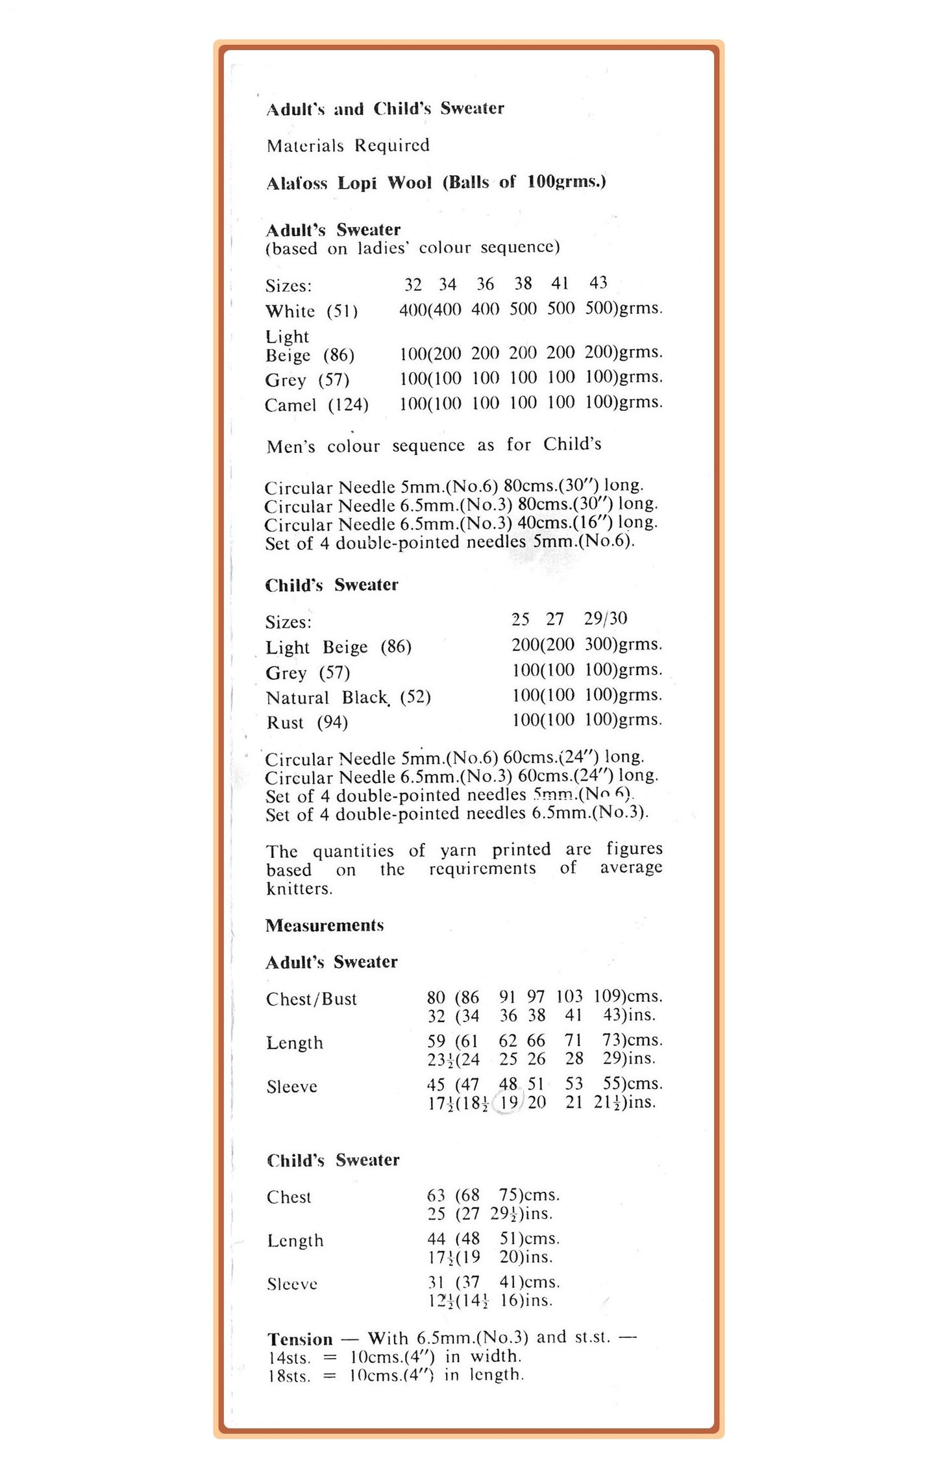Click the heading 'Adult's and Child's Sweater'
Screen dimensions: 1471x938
click(x=385, y=108)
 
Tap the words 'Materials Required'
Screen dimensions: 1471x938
click(x=348, y=145)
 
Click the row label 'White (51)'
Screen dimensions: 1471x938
click(x=311, y=311)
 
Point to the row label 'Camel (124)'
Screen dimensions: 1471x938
click(x=316, y=405)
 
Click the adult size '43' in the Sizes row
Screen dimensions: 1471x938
click(x=598, y=283)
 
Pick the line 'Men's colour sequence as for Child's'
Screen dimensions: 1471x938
click(x=434, y=445)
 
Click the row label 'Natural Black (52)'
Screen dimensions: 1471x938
click(x=348, y=698)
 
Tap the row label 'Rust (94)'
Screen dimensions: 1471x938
click(x=307, y=722)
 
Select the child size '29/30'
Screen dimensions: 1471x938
click(x=605, y=618)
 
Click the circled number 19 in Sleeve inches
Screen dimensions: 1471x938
click(x=508, y=1102)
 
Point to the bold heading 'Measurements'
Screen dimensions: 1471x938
click(x=325, y=925)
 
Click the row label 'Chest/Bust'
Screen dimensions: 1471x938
click(x=312, y=999)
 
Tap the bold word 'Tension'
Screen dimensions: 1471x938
click(x=300, y=1339)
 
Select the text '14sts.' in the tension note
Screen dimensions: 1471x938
click(x=289, y=1357)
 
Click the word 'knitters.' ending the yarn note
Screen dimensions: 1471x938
click(x=299, y=888)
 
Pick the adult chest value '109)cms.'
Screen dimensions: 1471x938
click(x=627, y=996)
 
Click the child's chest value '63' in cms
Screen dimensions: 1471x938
click(x=436, y=1195)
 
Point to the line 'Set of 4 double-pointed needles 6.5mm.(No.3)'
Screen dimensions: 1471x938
click(x=456, y=813)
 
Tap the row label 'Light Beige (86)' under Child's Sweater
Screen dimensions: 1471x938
click(x=338, y=647)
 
